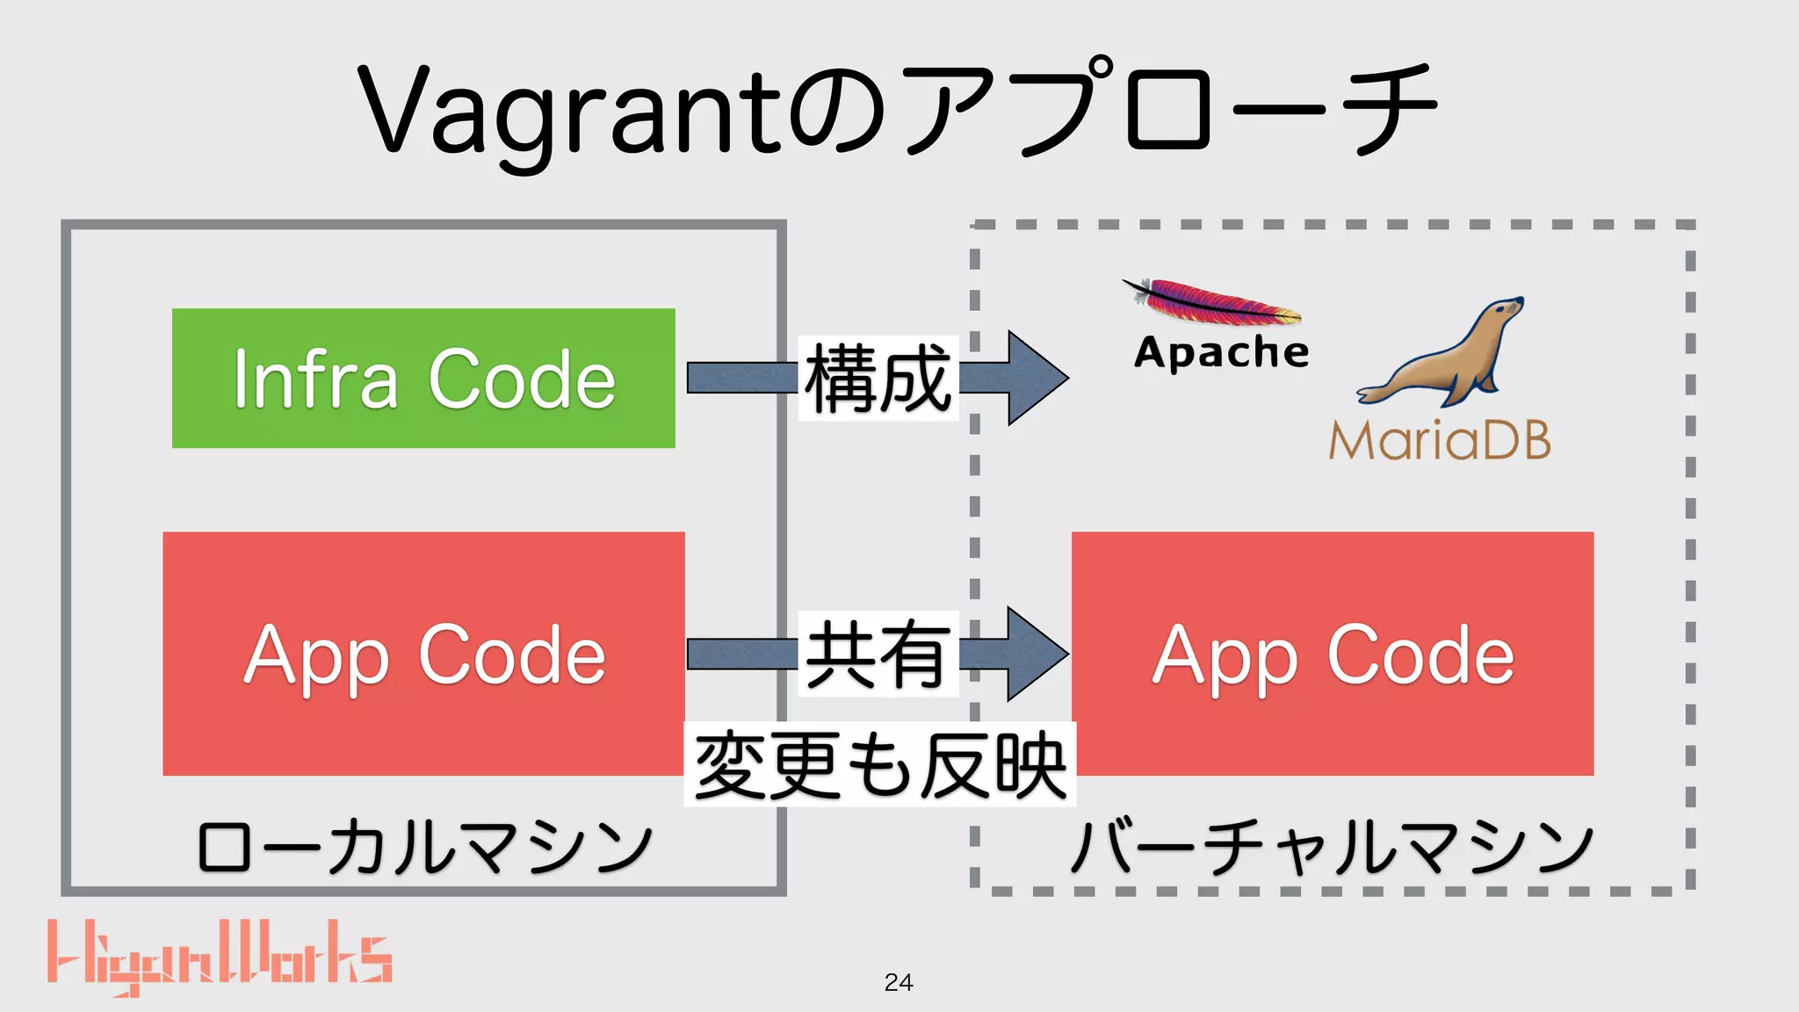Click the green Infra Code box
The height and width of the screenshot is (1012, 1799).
[x=423, y=378]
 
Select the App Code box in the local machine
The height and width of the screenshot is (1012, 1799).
[x=423, y=653]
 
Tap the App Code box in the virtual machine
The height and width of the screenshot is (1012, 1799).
[x=1332, y=653]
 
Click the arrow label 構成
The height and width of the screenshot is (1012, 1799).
[x=878, y=378]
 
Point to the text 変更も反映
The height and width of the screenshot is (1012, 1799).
[x=879, y=765]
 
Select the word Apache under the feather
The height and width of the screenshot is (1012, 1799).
[x=1221, y=352]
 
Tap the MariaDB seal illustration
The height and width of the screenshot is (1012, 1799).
[x=1441, y=356]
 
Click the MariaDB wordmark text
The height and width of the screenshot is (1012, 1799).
[x=1439, y=440]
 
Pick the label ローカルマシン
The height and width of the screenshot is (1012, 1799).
[x=424, y=848]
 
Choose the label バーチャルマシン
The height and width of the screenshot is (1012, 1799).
[x=1332, y=848]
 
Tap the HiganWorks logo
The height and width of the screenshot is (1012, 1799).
[x=220, y=956]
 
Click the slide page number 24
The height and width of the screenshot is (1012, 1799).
[x=899, y=982]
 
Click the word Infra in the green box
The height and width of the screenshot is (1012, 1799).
[x=314, y=379]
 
